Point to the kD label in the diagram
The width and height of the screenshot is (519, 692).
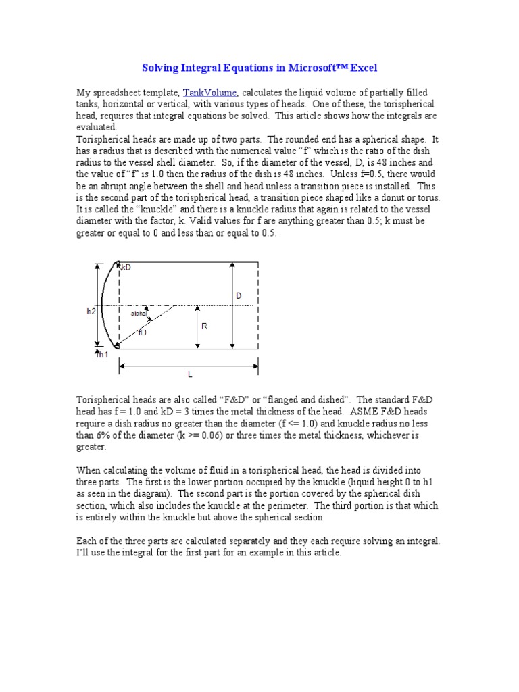[126, 268]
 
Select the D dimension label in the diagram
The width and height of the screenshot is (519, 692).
[239, 296]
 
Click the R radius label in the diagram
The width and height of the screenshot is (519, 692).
[203, 326]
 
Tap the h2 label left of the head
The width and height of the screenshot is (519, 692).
[91, 312]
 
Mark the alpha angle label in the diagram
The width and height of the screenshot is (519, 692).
[138, 314]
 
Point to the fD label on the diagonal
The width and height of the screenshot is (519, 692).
[142, 332]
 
